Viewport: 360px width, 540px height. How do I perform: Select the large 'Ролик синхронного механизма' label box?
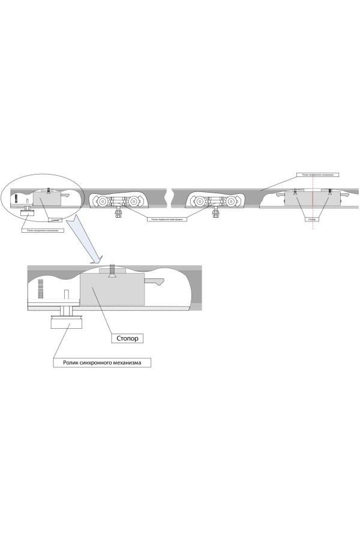(x=102, y=362)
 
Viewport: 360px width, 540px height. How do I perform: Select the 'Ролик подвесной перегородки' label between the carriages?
(x=166, y=220)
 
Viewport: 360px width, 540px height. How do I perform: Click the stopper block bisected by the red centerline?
(x=312, y=199)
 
